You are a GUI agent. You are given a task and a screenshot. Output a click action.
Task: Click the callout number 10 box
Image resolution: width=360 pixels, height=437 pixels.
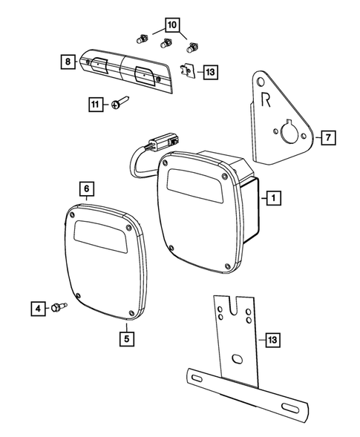pos(171,24)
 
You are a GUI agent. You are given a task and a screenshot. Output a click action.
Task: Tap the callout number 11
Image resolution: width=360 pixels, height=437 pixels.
pos(94,105)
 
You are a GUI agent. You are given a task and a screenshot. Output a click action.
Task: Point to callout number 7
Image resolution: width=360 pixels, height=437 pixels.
pos(328,137)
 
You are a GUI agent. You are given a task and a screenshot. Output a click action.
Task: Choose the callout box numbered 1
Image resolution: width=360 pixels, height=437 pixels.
pos(274,198)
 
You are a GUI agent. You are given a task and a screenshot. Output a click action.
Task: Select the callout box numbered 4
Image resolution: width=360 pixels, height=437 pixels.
pos(36,306)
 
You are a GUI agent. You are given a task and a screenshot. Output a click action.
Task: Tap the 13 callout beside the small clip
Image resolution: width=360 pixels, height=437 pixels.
pos(210,72)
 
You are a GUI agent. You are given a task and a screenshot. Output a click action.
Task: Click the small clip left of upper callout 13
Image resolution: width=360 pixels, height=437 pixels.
pos(189,71)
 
